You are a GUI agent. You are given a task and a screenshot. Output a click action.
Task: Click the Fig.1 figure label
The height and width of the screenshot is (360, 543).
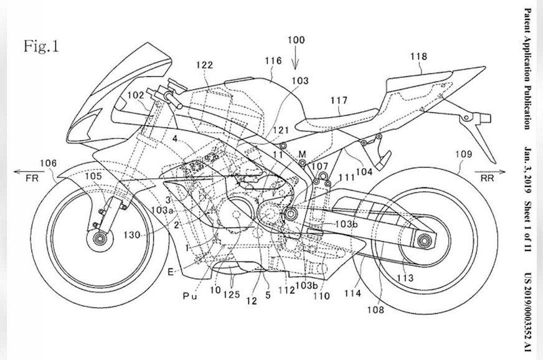pos(41,46)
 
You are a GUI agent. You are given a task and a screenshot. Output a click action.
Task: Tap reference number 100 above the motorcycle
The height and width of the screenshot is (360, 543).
pos(296,40)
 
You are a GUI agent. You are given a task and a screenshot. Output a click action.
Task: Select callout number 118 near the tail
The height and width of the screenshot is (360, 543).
pos(418,57)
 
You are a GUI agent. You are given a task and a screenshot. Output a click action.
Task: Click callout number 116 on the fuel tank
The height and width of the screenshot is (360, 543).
pos(273,60)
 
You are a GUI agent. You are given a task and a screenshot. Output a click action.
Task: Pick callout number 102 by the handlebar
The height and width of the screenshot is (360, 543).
pos(136,95)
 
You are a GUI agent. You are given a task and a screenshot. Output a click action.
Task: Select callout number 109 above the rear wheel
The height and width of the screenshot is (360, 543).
pos(463,154)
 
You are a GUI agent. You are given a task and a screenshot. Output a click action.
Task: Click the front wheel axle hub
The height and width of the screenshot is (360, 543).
pos(99,240)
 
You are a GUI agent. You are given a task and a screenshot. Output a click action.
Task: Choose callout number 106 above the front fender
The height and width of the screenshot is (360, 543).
pos(48,163)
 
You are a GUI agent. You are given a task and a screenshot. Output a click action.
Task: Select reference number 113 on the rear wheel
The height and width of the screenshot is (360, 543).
pos(405,278)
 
